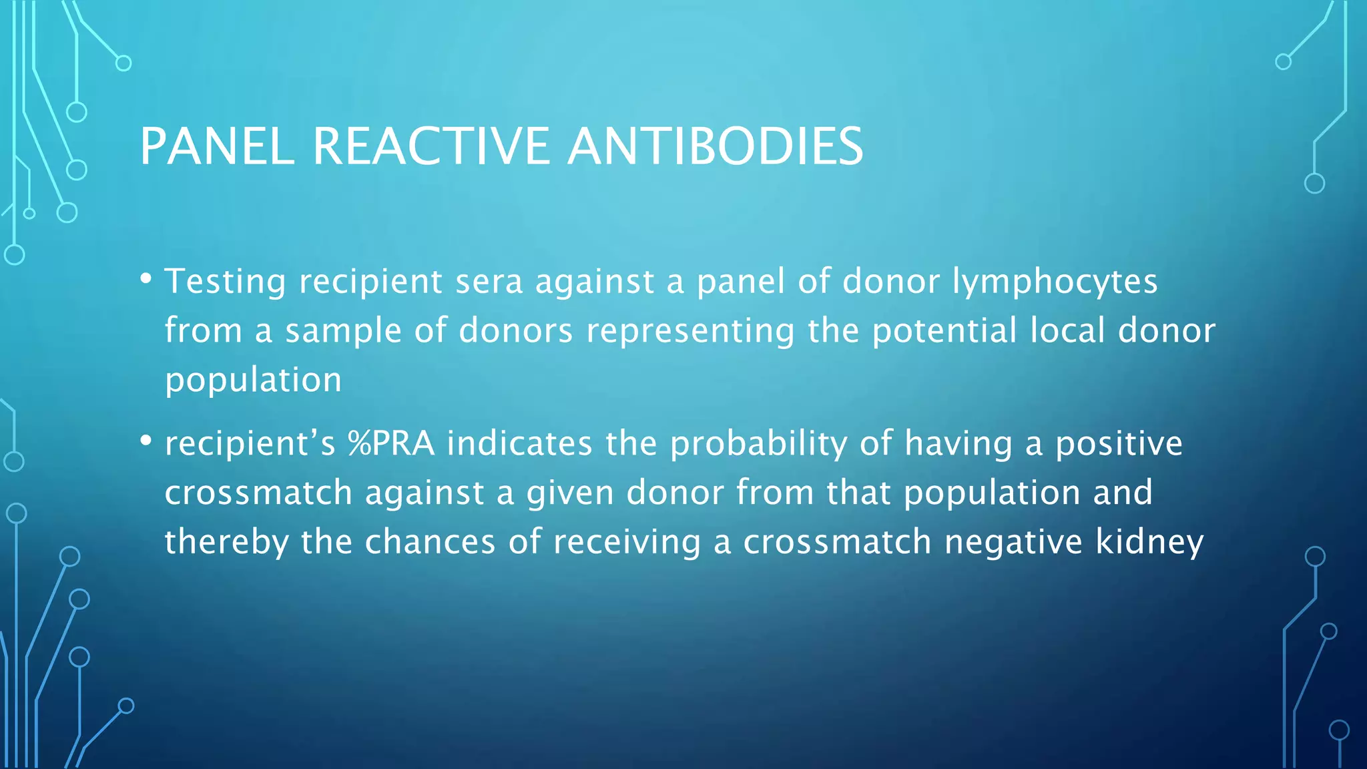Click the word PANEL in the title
(217, 146)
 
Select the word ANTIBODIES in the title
(715, 146)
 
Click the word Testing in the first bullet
(225, 282)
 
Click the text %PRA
(390, 444)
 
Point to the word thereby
(226, 543)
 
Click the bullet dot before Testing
(146, 278)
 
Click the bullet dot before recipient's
(146, 441)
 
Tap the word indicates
(519, 444)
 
